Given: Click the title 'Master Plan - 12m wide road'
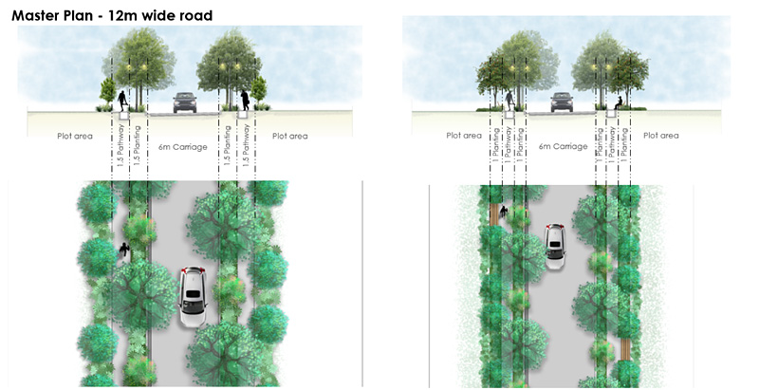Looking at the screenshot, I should [x=112, y=15].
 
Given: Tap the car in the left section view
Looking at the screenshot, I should [x=185, y=102].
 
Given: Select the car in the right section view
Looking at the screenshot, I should [x=562, y=101].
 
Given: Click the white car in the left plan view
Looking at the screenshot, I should [x=194, y=297].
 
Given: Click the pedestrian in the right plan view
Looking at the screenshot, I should [x=503, y=213].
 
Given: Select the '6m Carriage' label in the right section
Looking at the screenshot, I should [x=563, y=146].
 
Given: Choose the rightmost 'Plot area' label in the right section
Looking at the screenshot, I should [x=661, y=136].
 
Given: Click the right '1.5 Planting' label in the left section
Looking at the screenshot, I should [x=228, y=148].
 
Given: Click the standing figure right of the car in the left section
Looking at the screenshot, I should [x=245, y=100].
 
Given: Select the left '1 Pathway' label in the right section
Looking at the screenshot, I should [x=509, y=147].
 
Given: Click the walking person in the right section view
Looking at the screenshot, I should [x=509, y=100].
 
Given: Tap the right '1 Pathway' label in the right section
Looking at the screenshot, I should [x=613, y=147].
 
